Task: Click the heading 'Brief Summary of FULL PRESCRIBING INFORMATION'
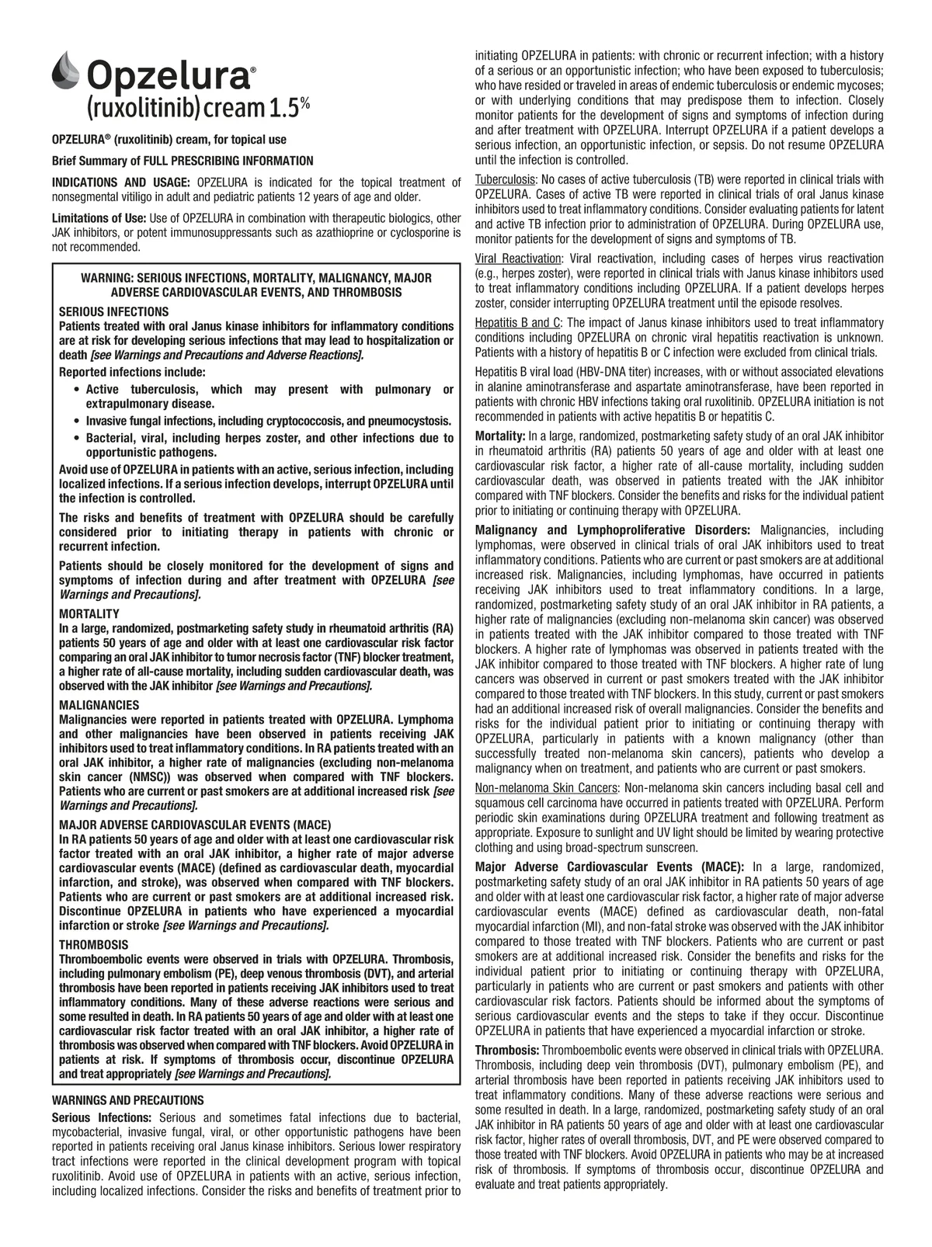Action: (182, 161)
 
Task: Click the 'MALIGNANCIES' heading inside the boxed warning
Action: (99, 705)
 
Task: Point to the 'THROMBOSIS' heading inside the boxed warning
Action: (93, 945)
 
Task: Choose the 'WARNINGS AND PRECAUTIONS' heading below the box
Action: (127, 1100)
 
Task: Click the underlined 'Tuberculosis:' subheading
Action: (505, 179)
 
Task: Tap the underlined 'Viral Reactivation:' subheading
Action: (518, 259)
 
